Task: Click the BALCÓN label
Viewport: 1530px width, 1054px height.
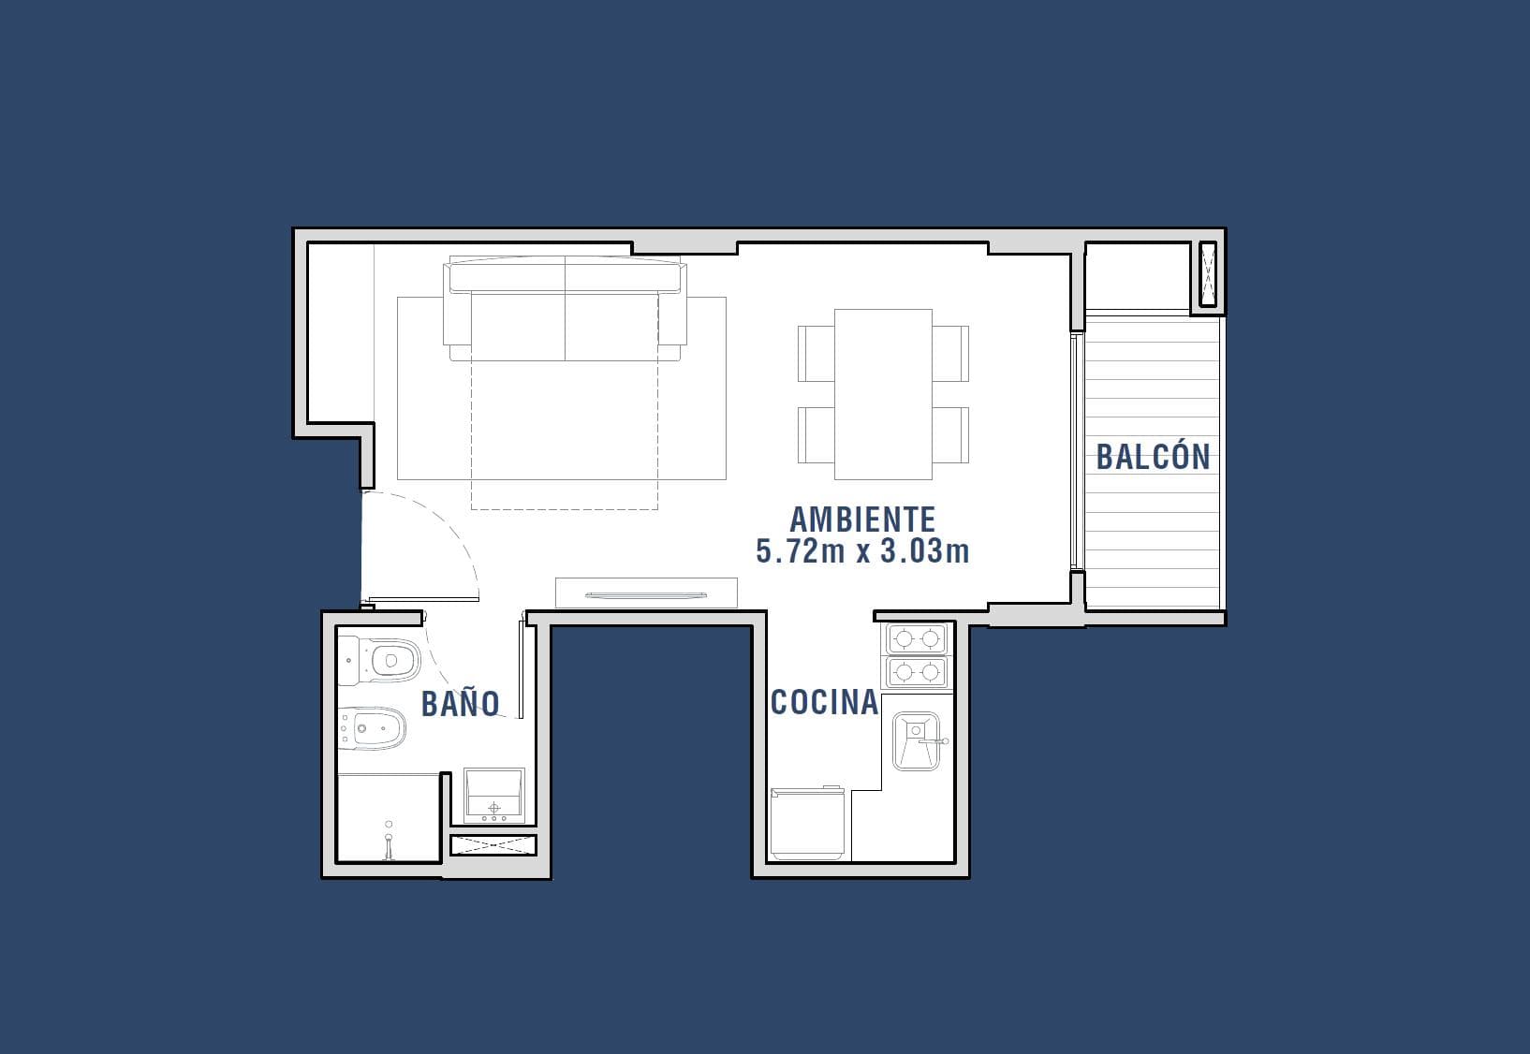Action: tap(1153, 457)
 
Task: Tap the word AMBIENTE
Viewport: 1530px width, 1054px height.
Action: tap(862, 520)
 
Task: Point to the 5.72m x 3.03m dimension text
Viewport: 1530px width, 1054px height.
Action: tap(862, 551)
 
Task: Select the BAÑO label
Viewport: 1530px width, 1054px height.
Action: tap(461, 704)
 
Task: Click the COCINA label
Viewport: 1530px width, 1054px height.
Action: tap(824, 702)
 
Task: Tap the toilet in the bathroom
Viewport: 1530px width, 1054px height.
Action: tap(380, 660)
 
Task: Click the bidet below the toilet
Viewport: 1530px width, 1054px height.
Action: tap(373, 728)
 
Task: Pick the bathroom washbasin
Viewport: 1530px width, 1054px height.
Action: tap(494, 796)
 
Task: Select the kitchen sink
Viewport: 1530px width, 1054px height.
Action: tap(917, 741)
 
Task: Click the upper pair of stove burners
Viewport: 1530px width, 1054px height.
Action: tap(918, 639)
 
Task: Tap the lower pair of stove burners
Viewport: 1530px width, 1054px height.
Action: tap(918, 672)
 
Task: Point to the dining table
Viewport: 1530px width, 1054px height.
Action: tap(883, 395)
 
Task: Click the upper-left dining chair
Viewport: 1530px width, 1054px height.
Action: tap(816, 354)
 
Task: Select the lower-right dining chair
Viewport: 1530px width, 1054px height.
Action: tap(950, 435)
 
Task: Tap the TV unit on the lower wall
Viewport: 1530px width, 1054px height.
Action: tap(646, 593)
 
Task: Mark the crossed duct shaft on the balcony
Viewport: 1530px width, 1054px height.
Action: tap(1208, 274)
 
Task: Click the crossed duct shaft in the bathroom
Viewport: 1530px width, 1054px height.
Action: tap(493, 844)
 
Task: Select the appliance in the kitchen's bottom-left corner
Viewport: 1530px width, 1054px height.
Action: tap(807, 823)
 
